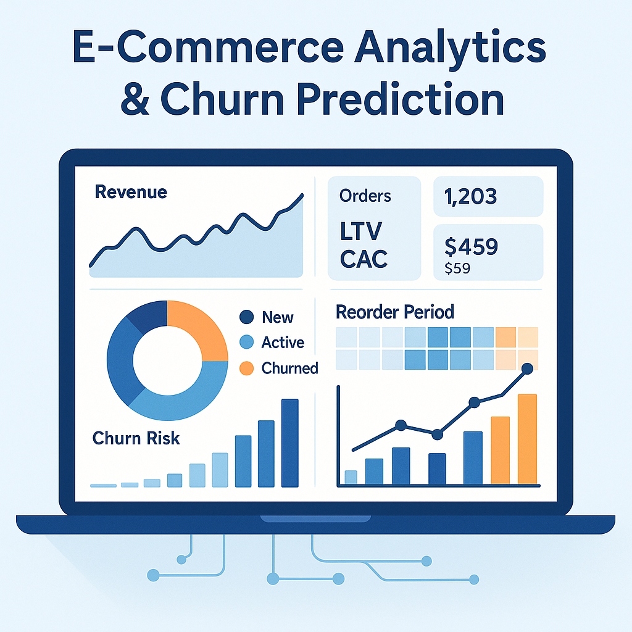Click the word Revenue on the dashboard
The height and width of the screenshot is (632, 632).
tap(131, 192)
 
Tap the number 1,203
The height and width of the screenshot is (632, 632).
tap(471, 196)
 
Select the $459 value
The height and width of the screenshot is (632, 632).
tap(471, 246)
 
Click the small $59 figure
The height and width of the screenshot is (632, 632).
tap(457, 268)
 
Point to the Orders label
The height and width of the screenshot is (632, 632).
tap(365, 196)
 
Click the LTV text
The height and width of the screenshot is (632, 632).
tap(361, 232)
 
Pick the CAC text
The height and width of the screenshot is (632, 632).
tap(364, 259)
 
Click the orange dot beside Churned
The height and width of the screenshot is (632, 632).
tap(246, 368)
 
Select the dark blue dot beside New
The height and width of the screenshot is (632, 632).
tap(246, 317)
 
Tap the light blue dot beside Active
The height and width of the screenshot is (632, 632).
tap(246, 343)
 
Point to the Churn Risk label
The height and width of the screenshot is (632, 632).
tap(136, 438)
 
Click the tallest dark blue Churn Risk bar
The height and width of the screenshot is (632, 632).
tap(289, 442)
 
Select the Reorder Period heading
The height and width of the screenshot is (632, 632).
tap(395, 312)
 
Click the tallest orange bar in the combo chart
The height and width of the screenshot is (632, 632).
tap(527, 439)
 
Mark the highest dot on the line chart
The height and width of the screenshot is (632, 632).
tap(527, 369)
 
